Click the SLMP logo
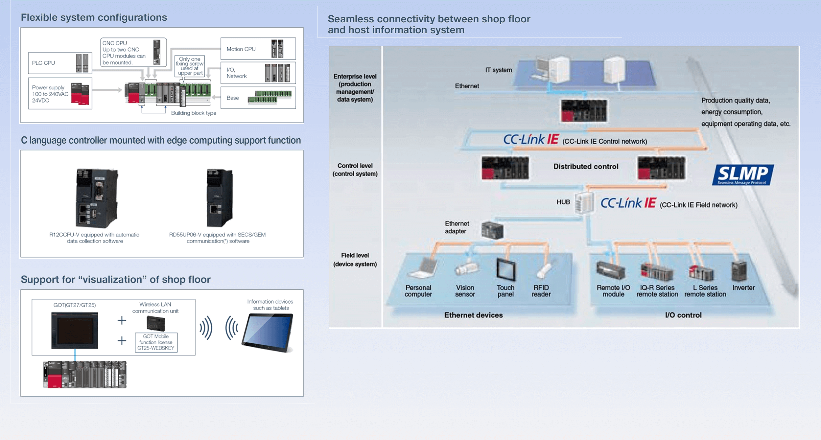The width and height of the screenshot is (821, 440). pyautogui.click(x=742, y=175)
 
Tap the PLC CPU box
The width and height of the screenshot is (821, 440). pyautogui.click(x=60, y=63)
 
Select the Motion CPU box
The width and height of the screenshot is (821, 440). pyautogui.click(x=258, y=49)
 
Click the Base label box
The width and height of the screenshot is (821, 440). pyautogui.click(x=258, y=98)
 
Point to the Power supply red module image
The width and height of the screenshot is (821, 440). pyautogui.click(x=80, y=94)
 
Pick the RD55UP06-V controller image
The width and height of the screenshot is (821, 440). pyautogui.click(x=220, y=198)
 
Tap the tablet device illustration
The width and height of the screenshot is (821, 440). pyautogui.click(x=268, y=332)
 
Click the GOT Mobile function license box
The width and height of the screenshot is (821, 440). pyautogui.click(x=156, y=342)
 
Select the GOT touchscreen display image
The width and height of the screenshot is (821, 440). pyautogui.click(x=75, y=330)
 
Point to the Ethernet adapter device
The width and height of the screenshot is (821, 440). pyautogui.click(x=492, y=230)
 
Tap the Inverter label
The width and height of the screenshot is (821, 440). pyautogui.click(x=743, y=288)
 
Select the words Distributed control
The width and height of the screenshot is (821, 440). pyautogui.click(x=586, y=167)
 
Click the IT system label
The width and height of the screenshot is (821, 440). pyautogui.click(x=498, y=70)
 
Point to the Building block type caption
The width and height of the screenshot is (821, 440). pyautogui.click(x=194, y=113)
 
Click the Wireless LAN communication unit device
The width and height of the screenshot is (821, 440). pyautogui.click(x=156, y=323)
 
